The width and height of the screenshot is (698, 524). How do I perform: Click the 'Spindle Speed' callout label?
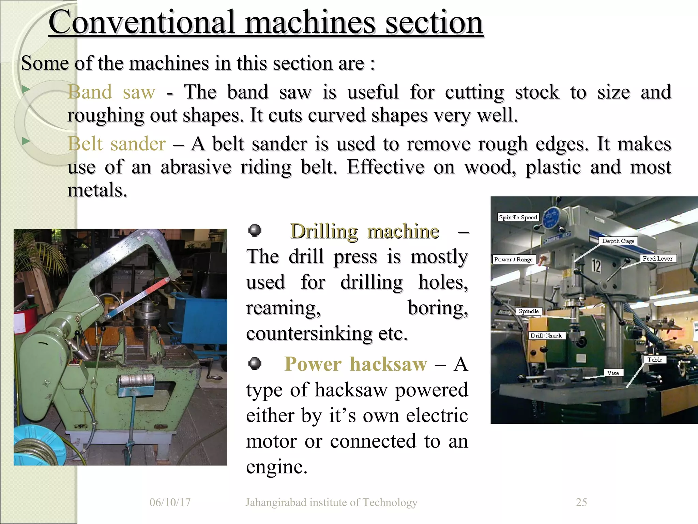(x=518, y=217)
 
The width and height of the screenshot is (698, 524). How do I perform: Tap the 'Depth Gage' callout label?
(x=618, y=241)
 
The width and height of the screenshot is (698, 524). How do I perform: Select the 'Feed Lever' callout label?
(x=657, y=259)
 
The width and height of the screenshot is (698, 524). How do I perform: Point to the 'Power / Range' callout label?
(x=513, y=259)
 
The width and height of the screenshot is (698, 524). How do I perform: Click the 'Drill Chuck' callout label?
(x=546, y=336)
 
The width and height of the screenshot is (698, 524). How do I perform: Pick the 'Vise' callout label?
(x=613, y=373)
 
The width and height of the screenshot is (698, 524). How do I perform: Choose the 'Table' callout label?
(x=655, y=360)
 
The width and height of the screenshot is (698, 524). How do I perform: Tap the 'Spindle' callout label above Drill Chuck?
(x=528, y=311)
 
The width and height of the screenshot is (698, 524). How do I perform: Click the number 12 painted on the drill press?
(x=596, y=266)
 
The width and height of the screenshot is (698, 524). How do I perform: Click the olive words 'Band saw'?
(x=111, y=92)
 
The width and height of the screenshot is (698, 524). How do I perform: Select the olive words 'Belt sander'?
(x=117, y=144)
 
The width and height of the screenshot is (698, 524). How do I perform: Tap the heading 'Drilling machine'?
(x=364, y=231)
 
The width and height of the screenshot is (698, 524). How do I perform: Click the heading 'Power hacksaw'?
(x=355, y=364)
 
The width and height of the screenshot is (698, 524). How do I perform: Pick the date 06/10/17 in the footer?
(x=170, y=502)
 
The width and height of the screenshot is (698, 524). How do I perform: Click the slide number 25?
(x=581, y=502)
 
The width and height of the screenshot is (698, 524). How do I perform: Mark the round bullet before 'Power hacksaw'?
(x=255, y=364)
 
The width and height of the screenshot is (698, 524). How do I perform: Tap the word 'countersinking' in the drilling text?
(x=309, y=333)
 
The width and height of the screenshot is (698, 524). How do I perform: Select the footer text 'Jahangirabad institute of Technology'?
(x=331, y=502)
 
